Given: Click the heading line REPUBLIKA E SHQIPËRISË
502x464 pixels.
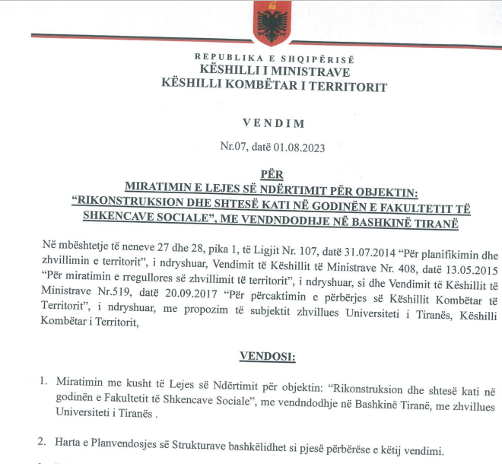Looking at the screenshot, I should coord(274,58).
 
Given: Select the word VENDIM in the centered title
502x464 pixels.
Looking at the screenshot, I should coord(273,122).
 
